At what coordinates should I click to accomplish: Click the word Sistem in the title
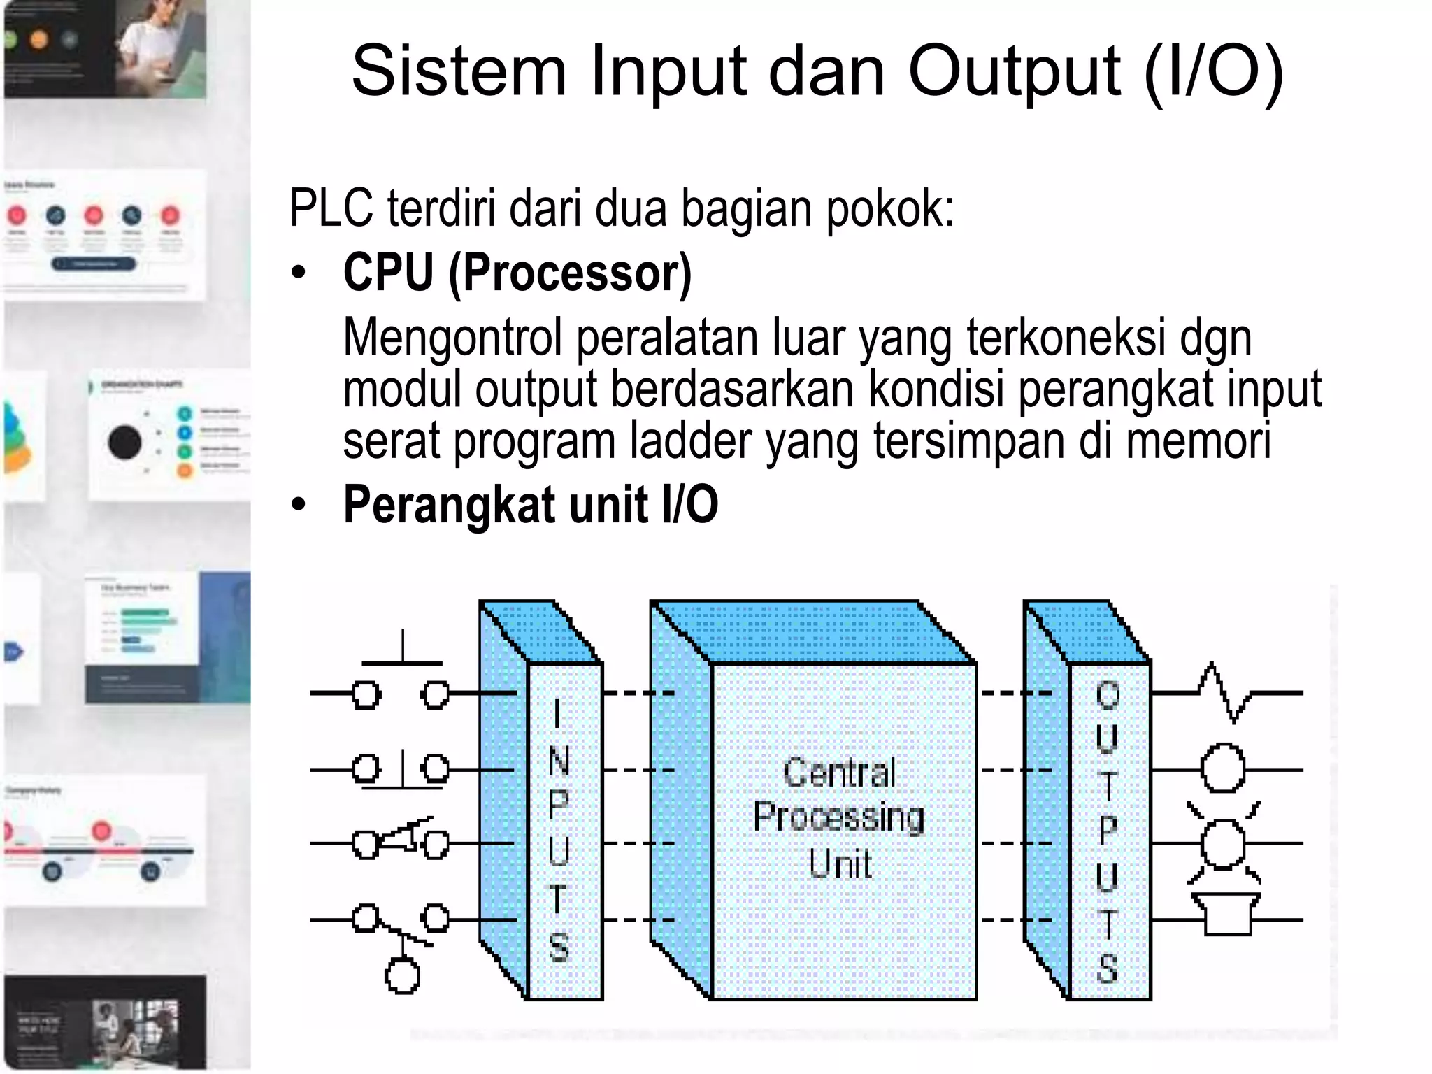point(458,71)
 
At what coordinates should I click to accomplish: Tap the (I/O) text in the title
point(1214,71)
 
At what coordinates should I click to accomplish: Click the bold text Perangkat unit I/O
point(530,504)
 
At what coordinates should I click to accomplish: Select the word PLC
point(331,208)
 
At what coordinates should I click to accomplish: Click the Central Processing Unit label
point(839,817)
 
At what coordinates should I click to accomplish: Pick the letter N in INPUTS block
point(559,761)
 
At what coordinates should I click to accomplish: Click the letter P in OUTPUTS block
point(1108,830)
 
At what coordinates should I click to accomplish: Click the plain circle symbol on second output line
point(1223,769)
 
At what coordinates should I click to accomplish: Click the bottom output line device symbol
point(1226,915)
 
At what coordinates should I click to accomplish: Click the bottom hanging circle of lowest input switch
point(402,976)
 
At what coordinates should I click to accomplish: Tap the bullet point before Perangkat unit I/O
point(299,505)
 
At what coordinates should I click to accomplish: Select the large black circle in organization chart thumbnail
point(124,442)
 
